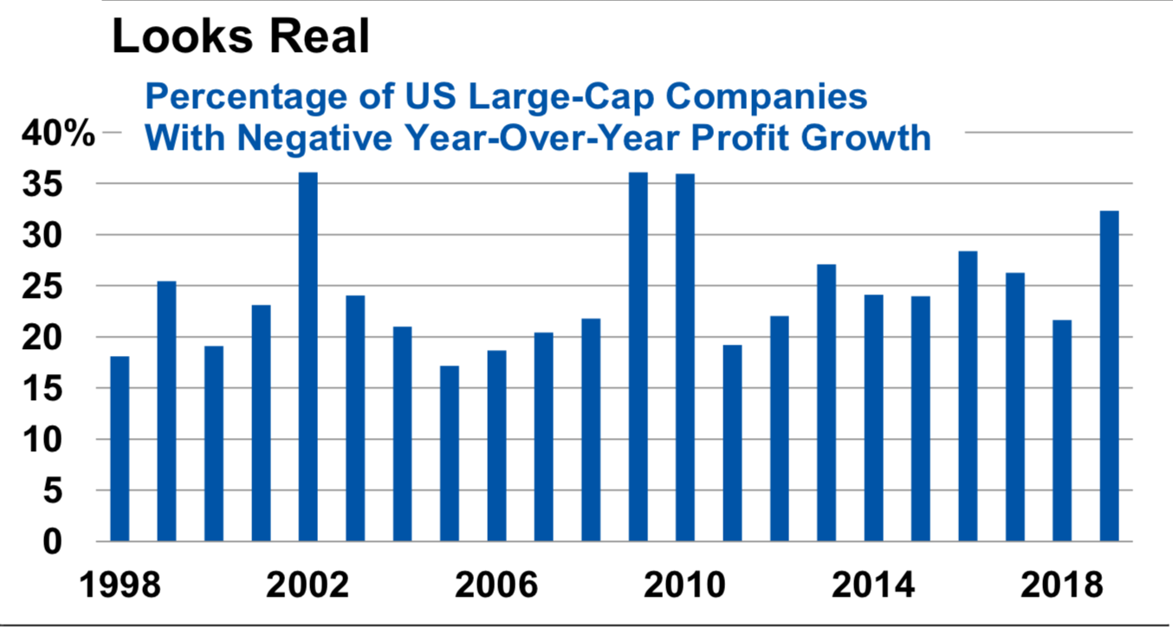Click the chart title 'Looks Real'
point(241,37)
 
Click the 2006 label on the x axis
point(496,585)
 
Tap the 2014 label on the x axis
point(873,585)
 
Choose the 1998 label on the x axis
point(120,585)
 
